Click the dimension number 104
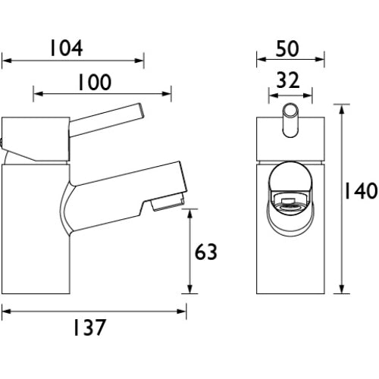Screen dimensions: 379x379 (67, 48)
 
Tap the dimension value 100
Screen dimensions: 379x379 (94, 82)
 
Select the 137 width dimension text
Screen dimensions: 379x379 (89, 327)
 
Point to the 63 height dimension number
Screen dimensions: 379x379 (206, 252)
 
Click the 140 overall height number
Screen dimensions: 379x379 (362, 190)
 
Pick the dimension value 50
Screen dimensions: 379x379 (287, 49)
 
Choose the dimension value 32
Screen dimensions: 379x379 (288, 80)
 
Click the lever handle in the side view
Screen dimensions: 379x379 (106, 120)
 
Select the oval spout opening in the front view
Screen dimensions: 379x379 (290, 199)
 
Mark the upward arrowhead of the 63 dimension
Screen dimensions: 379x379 (190, 214)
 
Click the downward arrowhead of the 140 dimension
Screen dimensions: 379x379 (342, 289)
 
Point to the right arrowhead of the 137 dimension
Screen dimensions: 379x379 (182, 312)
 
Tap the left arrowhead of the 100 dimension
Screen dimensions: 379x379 (38, 94)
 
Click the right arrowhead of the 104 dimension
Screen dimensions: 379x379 (139, 61)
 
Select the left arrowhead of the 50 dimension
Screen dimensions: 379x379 (262, 60)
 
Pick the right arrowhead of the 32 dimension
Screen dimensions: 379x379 (308, 96)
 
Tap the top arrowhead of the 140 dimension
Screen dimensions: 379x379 (342, 109)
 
